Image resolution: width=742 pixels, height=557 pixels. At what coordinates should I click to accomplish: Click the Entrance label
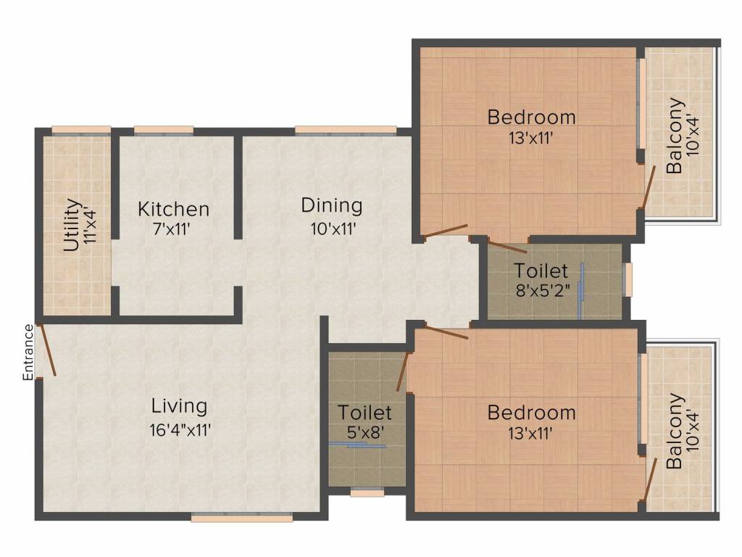coord(28,352)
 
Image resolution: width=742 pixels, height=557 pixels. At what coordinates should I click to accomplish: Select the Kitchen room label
coord(174,210)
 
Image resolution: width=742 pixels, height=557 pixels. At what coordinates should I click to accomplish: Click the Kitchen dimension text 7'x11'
coord(174,231)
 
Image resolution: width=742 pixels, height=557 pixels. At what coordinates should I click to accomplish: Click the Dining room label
coord(332,205)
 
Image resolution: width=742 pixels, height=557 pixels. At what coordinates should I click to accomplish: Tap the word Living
coord(179,406)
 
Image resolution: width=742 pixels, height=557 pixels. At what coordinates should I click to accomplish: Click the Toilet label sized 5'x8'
coord(364,413)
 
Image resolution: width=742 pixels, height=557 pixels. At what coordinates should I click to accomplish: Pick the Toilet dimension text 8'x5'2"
coord(541,292)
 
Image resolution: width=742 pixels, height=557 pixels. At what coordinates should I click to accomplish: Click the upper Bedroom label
coord(531,116)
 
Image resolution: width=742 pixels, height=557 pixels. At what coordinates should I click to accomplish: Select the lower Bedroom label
coord(531,413)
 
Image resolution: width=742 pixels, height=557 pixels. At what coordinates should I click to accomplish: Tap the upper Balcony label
coord(674,136)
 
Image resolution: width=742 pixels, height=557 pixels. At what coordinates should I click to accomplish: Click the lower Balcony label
coord(674,431)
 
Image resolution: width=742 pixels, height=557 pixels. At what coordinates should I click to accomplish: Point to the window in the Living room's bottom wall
coord(242,518)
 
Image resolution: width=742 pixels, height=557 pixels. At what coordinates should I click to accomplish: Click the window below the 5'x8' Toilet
coord(367,492)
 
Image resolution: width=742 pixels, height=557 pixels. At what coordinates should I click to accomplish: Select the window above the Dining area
coord(345,131)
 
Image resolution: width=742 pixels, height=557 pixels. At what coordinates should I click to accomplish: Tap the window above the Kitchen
coord(164,131)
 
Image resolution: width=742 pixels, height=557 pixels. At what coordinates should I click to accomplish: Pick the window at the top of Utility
coord(81,131)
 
